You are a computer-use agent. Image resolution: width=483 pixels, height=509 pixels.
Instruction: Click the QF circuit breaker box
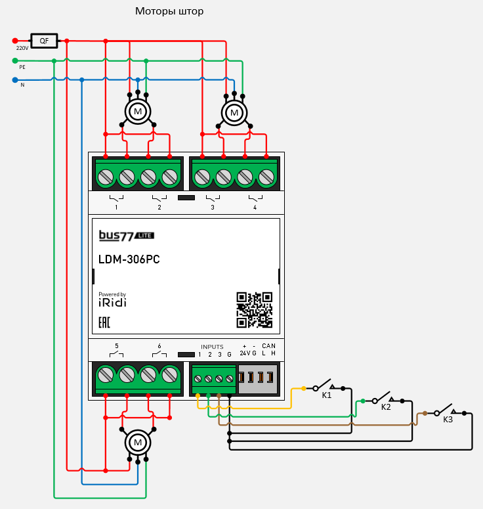coord(44,41)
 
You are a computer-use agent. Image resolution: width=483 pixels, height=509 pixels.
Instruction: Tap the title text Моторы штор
coord(169,11)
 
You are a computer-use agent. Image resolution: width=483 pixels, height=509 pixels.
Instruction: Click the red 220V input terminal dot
coord(15,41)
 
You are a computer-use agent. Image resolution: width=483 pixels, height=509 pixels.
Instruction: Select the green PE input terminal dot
coord(15,60)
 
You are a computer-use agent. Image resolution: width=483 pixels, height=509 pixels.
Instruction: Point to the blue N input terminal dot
coord(15,80)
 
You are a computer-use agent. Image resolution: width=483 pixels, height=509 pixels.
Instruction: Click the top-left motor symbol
coord(138,112)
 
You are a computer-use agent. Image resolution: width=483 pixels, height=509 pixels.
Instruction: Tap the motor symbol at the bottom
coord(138,443)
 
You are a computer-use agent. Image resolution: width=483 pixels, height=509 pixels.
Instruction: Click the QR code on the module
coord(254,310)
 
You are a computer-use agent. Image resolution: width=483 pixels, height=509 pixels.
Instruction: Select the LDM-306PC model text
coord(129,259)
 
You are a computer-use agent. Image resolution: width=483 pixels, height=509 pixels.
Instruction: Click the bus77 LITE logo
coord(126,235)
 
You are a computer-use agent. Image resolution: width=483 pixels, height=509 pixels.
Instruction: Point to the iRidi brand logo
coord(112,301)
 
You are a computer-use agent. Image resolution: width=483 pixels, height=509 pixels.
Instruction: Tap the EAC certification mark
coord(104,322)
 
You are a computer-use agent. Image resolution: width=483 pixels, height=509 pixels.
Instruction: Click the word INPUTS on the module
coord(212,347)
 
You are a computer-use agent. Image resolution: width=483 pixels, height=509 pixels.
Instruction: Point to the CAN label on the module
coord(268,346)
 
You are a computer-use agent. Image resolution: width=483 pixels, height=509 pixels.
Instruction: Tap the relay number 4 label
coord(255,208)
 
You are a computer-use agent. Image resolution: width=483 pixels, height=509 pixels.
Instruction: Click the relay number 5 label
coord(117,346)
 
